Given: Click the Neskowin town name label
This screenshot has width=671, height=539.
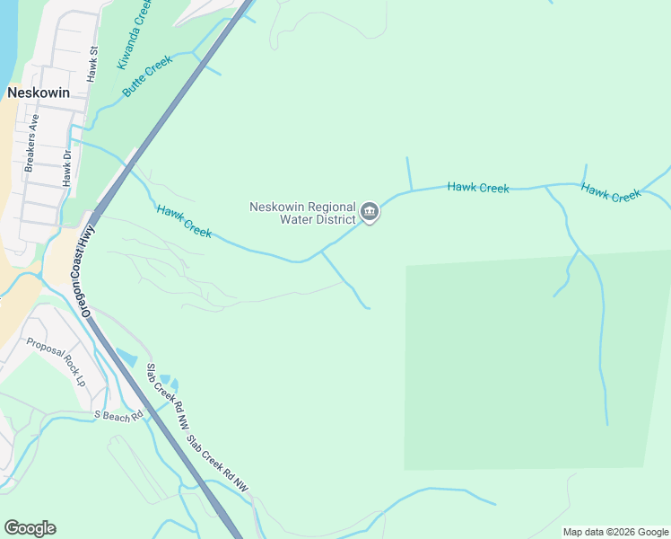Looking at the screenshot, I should coord(33,93).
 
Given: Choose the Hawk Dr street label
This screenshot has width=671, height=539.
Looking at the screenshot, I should coord(66,167).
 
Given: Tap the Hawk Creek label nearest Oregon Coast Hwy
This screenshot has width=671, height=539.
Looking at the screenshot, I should coord(184,221).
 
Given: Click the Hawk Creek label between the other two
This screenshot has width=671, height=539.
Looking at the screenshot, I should coord(478,188).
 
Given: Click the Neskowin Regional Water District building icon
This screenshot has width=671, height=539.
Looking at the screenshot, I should coord(370,212).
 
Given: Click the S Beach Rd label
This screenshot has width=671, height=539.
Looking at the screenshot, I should coord(118,416).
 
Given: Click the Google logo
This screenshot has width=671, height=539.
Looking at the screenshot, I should coord(30,528).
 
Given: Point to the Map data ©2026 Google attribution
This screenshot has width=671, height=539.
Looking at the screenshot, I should coord(615,532).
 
